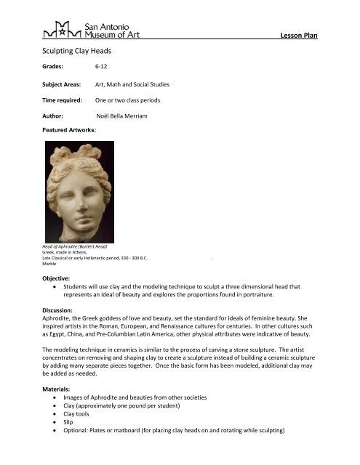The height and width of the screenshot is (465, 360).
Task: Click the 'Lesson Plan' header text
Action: tap(299, 36)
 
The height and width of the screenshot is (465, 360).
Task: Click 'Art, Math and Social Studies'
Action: tap(138, 86)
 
